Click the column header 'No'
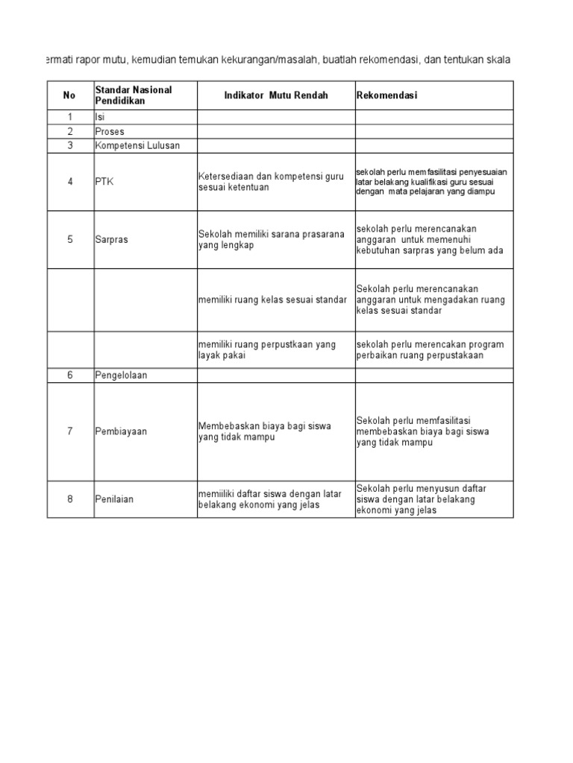(69, 95)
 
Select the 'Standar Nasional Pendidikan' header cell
(134, 95)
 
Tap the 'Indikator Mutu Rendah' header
(276, 95)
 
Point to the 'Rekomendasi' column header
(386, 95)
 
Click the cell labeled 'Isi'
(100, 117)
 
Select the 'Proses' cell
(110, 131)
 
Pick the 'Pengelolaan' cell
(121, 375)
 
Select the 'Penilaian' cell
(114, 498)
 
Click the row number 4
(69, 182)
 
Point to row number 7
(69, 431)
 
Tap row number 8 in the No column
(69, 498)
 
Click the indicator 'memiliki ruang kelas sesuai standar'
(272, 299)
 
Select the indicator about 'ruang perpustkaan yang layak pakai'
(267, 349)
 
